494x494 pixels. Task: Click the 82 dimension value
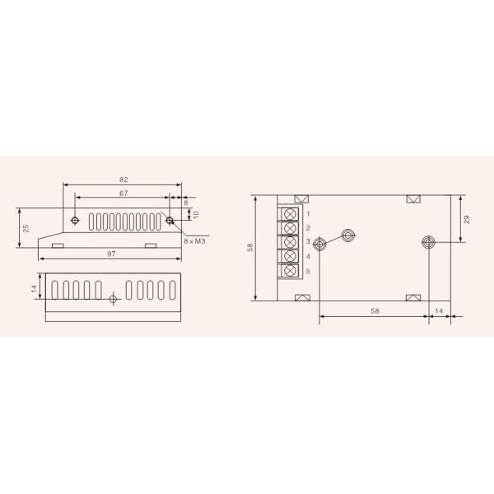pyautogui.click(x=123, y=179)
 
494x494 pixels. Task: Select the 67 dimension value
pyautogui.click(x=123, y=193)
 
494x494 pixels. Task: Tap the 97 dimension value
pyautogui.click(x=111, y=254)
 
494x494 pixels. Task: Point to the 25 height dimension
pyautogui.click(x=26, y=228)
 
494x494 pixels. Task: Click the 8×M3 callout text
pyautogui.click(x=194, y=241)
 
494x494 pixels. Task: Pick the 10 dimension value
pyautogui.click(x=196, y=215)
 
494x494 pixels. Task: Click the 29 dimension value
pyautogui.click(x=467, y=219)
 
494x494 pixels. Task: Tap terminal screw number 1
pyautogui.click(x=290, y=214)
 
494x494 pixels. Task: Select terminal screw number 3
pyautogui.click(x=290, y=242)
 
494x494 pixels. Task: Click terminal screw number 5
pyautogui.click(x=290, y=271)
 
